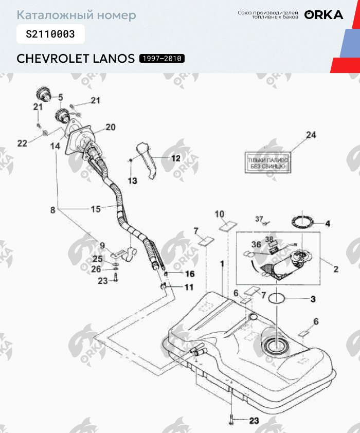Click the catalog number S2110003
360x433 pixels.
point(50,34)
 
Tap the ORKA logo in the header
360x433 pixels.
point(323,15)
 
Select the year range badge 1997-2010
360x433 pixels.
point(161,59)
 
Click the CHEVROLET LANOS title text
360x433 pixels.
point(76,58)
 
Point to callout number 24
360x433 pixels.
point(310,135)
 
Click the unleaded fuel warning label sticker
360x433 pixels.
point(266,164)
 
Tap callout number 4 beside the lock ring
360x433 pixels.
point(327,224)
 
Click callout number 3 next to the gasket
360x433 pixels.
point(312,299)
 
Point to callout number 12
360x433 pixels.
point(176,158)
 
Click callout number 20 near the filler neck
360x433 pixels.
point(111,127)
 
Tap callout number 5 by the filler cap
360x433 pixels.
point(60,97)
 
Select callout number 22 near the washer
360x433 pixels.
point(22,143)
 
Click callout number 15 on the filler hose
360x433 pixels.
point(96,209)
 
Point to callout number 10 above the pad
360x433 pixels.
point(220,213)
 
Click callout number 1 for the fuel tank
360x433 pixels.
point(222,263)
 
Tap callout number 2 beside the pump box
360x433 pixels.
point(335,268)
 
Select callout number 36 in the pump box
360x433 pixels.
point(256,245)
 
